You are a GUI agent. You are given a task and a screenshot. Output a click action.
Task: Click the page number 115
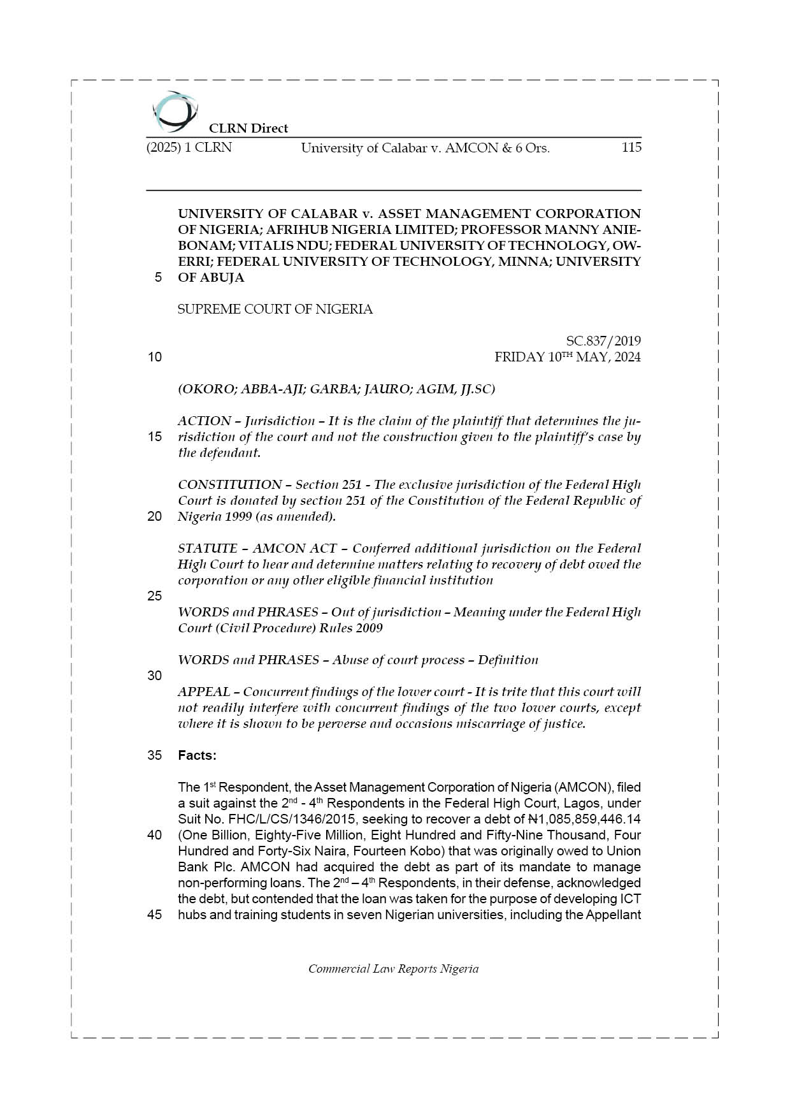(x=631, y=148)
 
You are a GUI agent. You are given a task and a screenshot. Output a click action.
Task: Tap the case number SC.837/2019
(x=603, y=341)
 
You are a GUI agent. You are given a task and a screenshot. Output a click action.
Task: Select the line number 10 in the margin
(x=155, y=357)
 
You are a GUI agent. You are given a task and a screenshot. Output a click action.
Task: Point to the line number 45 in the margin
(x=155, y=915)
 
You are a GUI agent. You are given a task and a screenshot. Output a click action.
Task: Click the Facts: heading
(x=197, y=755)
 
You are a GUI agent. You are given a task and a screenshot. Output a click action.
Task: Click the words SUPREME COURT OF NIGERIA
(x=275, y=309)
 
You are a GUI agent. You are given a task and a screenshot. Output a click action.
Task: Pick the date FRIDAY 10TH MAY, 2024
(x=568, y=357)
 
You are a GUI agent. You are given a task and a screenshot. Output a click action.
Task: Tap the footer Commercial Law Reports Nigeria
(x=393, y=969)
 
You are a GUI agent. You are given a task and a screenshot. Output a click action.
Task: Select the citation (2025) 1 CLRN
(x=189, y=148)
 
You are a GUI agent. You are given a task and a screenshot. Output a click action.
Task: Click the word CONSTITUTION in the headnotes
(x=229, y=484)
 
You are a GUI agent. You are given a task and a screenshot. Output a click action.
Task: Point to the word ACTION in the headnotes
(x=205, y=421)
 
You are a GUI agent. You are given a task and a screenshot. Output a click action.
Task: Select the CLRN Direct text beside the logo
(x=248, y=128)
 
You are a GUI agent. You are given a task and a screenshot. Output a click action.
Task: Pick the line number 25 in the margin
(x=155, y=596)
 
